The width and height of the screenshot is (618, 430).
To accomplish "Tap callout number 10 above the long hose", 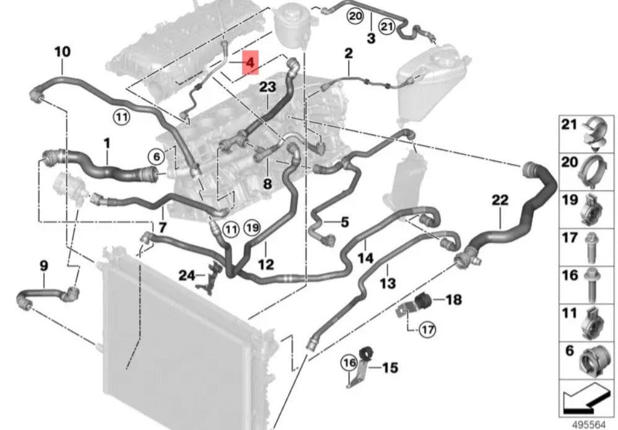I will (63, 51).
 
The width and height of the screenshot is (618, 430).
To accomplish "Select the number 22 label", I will (500, 200).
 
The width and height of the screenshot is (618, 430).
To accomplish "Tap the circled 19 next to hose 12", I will (252, 227).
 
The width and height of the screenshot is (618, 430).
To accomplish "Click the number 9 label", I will (43, 266).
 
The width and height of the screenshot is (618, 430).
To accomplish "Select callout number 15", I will (390, 368).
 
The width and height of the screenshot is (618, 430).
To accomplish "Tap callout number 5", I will (345, 221).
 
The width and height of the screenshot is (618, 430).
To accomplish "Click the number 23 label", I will (267, 88).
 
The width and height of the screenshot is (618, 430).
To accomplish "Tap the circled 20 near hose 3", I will (355, 15).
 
